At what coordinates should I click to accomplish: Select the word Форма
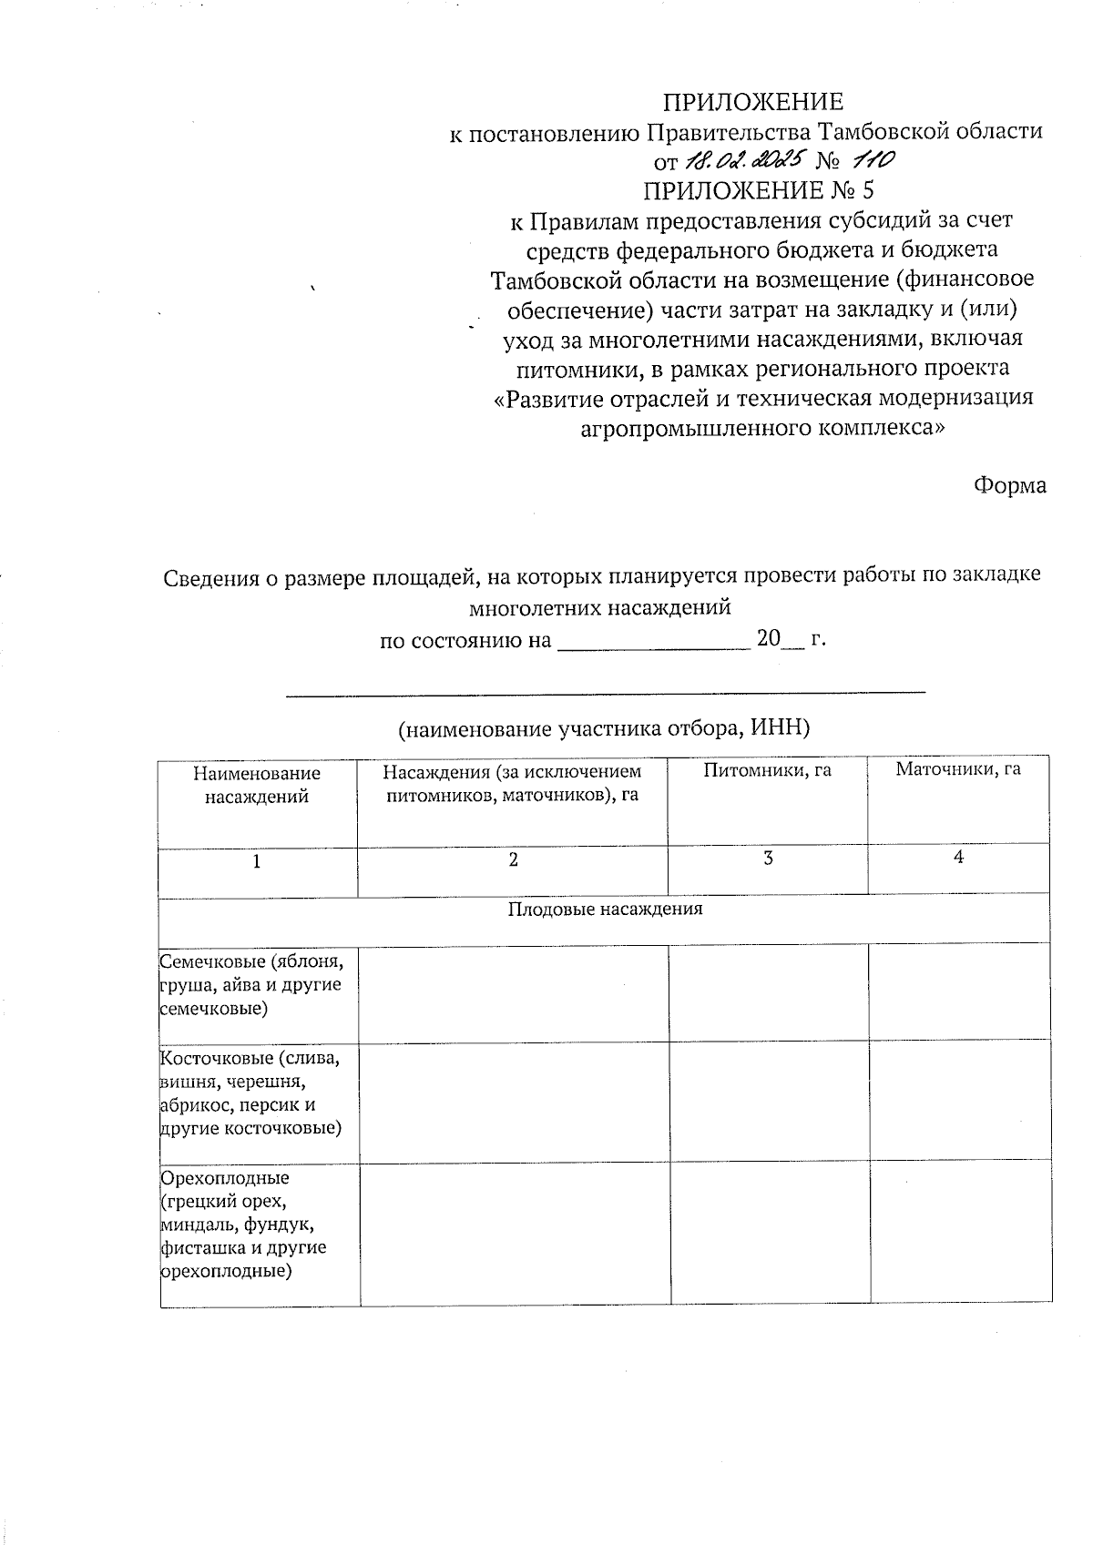tap(1009, 485)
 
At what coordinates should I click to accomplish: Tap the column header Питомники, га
tap(767, 770)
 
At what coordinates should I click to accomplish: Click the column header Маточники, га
tap(957, 769)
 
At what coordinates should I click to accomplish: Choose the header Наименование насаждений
tap(257, 785)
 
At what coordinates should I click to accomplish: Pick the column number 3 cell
tap(768, 858)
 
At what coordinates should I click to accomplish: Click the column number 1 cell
tap(257, 861)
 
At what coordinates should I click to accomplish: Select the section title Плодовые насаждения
tap(605, 909)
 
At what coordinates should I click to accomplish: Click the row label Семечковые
tap(250, 984)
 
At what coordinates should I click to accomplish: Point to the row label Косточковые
tap(250, 1093)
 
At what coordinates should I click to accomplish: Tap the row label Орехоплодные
tap(244, 1225)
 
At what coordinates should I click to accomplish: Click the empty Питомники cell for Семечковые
tap(768, 992)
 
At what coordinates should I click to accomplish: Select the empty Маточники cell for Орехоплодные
tap(960, 1235)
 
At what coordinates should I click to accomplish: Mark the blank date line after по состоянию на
tap(652, 641)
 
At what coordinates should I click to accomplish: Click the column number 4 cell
tap(957, 857)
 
